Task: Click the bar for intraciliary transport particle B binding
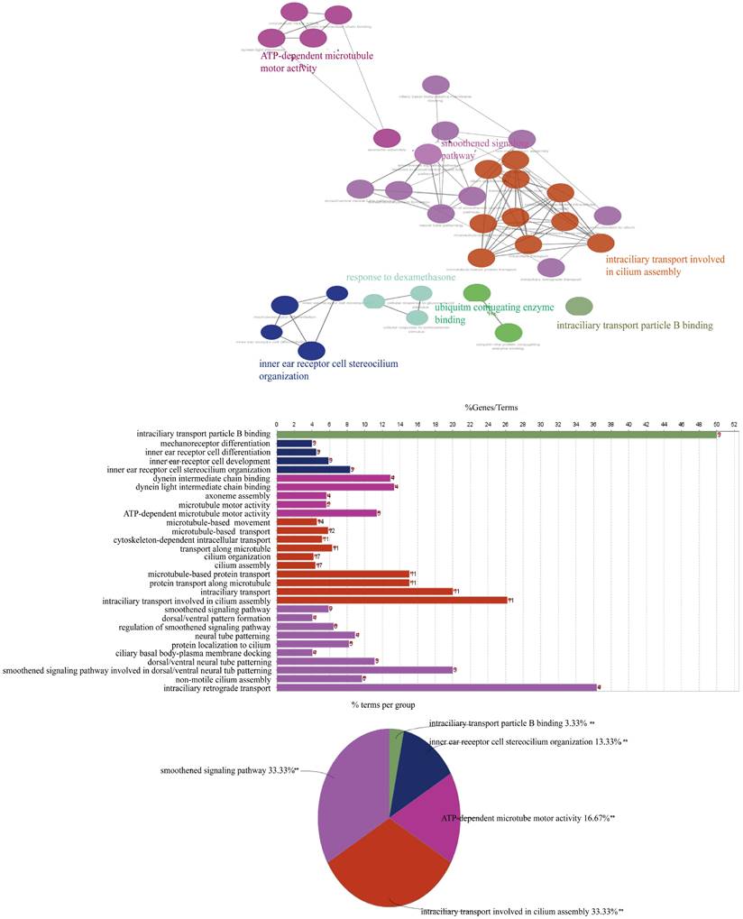[496, 435]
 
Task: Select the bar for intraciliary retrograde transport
[436, 688]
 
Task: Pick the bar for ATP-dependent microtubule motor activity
[326, 513]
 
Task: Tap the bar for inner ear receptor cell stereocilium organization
[313, 470]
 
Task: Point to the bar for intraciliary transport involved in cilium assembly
[392, 601]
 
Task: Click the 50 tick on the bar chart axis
[717, 423]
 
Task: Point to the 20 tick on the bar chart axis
[453, 423]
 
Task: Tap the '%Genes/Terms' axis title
[491, 408]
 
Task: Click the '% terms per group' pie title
[383, 704]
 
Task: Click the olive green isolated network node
[579, 307]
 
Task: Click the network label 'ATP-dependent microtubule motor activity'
[316, 61]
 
